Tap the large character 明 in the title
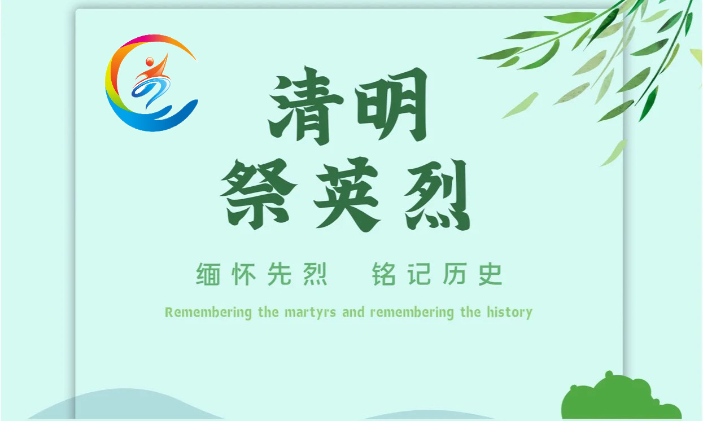click(x=391, y=104)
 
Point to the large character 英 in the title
click(x=347, y=194)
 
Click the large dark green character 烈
click(x=437, y=195)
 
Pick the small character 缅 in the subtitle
click(x=208, y=274)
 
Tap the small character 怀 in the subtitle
click(x=243, y=274)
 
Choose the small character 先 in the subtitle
click(x=280, y=274)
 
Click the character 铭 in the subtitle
click(x=383, y=274)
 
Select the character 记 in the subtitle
click(x=420, y=274)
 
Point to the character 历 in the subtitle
click(x=455, y=274)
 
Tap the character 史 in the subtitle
click(x=490, y=274)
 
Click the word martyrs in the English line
click(x=310, y=313)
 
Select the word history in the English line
click(x=510, y=313)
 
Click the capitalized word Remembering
click(x=208, y=313)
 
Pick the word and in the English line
click(x=353, y=312)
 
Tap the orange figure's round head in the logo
click(x=150, y=61)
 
